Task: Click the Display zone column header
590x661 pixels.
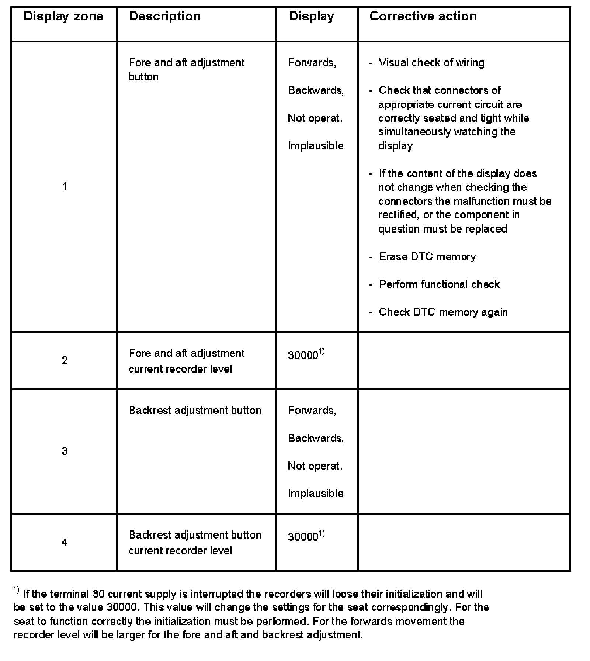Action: (x=63, y=17)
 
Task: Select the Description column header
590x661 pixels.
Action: (x=165, y=17)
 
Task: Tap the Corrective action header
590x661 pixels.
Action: (x=423, y=17)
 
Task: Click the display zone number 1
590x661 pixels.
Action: (x=65, y=187)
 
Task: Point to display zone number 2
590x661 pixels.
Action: (x=65, y=360)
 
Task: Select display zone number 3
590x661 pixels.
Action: (x=65, y=451)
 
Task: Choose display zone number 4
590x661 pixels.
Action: (x=65, y=542)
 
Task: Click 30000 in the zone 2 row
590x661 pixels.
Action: (x=303, y=355)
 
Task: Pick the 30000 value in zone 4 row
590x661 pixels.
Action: (x=303, y=537)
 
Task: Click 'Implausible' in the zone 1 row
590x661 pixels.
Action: (x=316, y=146)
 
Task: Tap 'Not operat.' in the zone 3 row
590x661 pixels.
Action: (x=315, y=466)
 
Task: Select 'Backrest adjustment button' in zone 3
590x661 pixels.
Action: (x=195, y=411)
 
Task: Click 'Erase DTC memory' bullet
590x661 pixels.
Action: (x=427, y=257)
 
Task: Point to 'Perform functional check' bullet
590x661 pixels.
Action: (x=439, y=284)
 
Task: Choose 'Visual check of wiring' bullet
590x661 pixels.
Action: (x=431, y=63)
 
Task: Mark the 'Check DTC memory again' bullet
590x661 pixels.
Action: (x=443, y=312)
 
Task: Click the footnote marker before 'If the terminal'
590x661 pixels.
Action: (x=16, y=590)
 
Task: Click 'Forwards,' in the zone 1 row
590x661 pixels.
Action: (x=312, y=63)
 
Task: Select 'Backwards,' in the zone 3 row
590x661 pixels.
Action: (x=316, y=438)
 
